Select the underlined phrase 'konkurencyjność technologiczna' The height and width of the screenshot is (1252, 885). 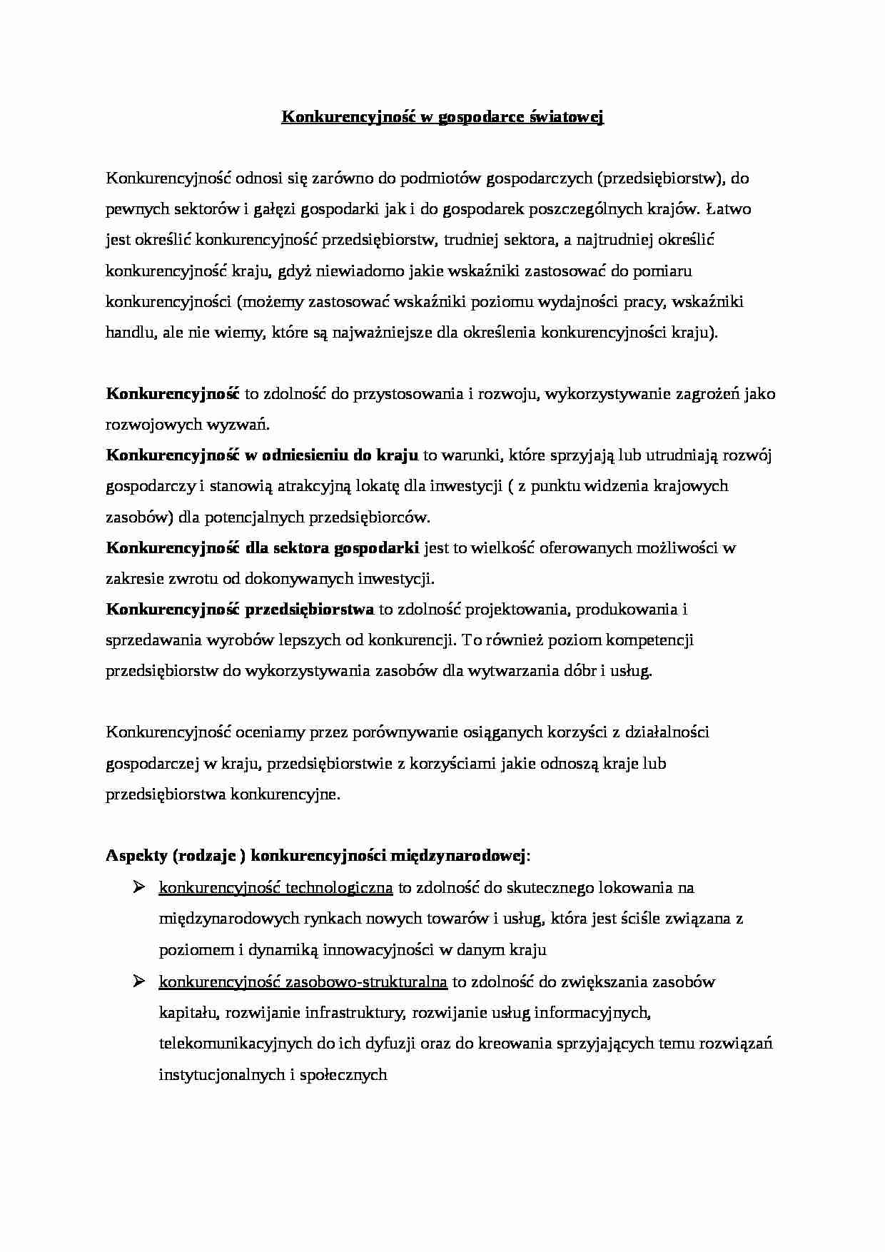[x=275, y=888]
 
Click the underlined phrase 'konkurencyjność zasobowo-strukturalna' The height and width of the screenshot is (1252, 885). [x=303, y=982]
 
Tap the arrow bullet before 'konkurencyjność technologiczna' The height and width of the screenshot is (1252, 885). [x=138, y=887]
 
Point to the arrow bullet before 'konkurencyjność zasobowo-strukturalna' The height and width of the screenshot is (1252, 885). [x=138, y=981]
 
